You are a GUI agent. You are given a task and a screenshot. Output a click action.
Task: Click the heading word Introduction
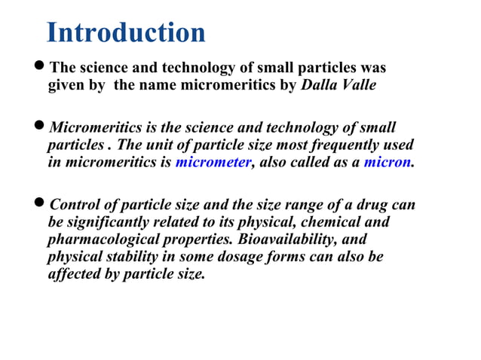point(125,33)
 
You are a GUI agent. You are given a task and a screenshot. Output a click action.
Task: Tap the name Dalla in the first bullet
point(320,85)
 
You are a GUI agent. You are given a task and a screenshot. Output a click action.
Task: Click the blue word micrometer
point(213,161)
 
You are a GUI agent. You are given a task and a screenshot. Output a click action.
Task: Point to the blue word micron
point(388,161)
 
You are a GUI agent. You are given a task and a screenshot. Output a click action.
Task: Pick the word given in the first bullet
point(67,85)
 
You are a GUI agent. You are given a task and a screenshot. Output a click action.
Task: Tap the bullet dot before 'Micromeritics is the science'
point(41,128)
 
